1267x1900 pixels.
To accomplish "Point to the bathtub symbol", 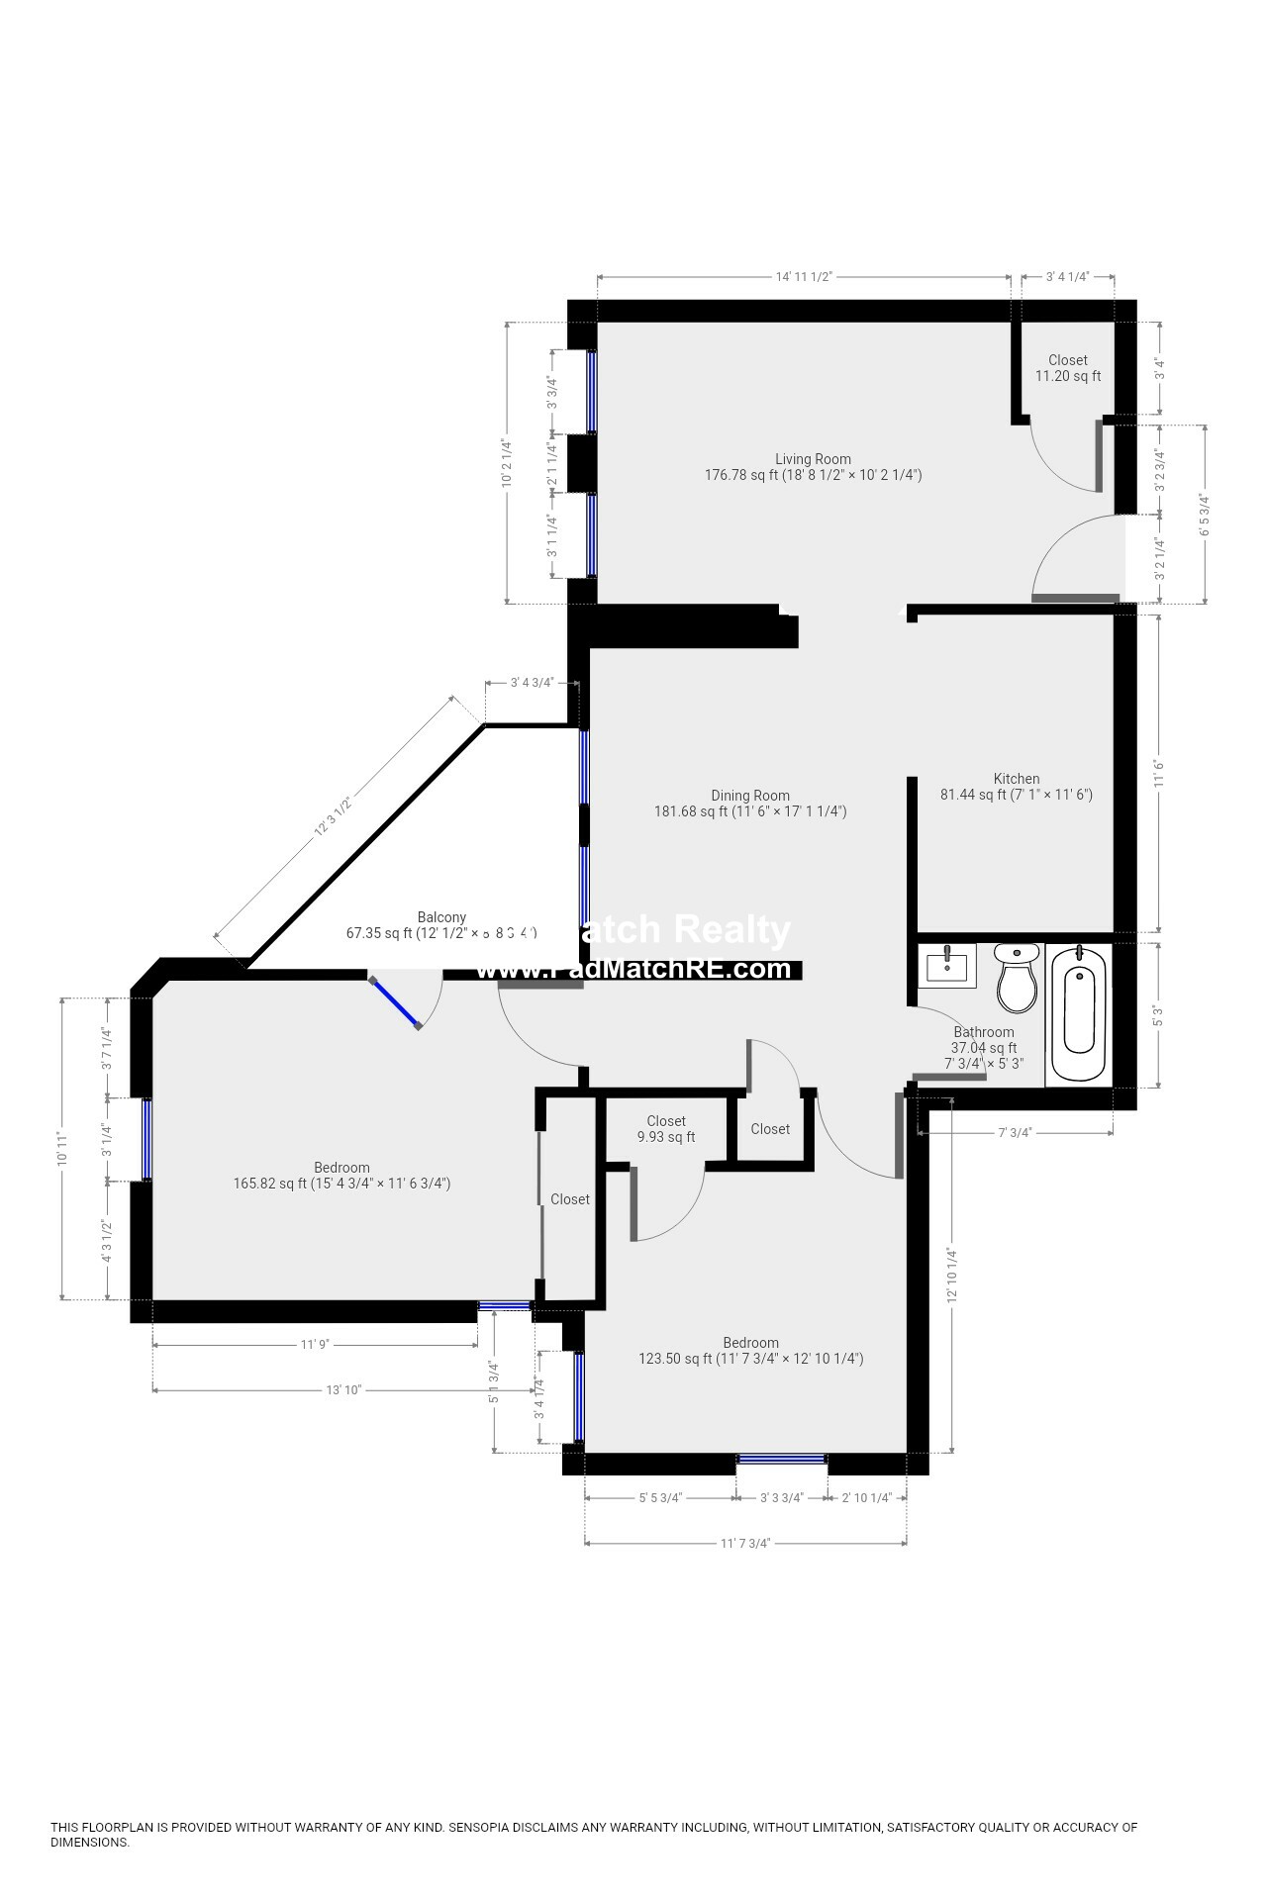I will [x=1079, y=1014].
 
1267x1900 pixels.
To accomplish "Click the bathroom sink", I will [x=947, y=966].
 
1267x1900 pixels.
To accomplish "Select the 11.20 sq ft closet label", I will [x=1067, y=368].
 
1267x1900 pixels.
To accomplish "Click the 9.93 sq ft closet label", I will [x=665, y=1129].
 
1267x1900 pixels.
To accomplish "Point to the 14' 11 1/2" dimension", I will [x=803, y=277].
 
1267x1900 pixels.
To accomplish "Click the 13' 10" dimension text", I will [x=343, y=1390].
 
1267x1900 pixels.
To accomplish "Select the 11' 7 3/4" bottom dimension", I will [x=744, y=1543].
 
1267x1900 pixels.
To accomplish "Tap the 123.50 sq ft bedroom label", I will [x=750, y=1351].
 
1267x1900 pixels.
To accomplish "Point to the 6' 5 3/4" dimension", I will [x=1205, y=515].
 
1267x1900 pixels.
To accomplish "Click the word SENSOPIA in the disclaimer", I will [x=479, y=1828].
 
